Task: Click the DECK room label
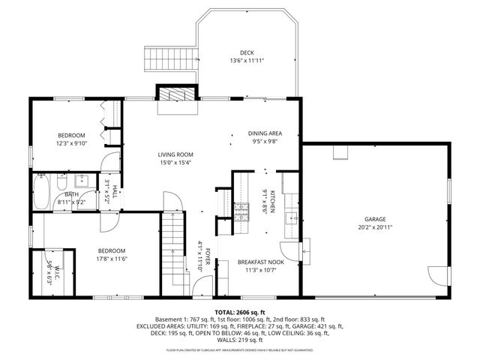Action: pyautogui.click(x=247, y=52)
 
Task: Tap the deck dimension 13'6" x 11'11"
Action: pyautogui.click(x=247, y=60)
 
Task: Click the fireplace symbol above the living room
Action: pyautogui.click(x=178, y=94)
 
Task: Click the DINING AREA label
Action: pyautogui.click(x=265, y=133)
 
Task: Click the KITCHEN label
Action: pyautogui.click(x=274, y=201)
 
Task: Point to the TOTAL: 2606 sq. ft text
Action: pyautogui.click(x=240, y=311)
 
